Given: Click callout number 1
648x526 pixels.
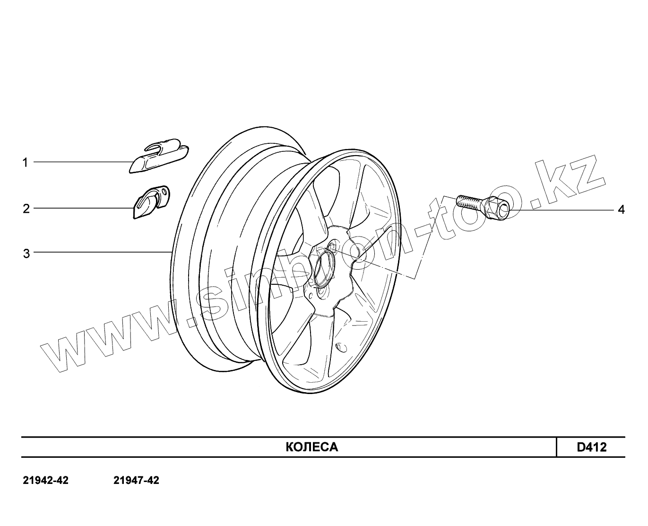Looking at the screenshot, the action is [x=25, y=163].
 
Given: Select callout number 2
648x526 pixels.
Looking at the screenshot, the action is [x=26, y=209].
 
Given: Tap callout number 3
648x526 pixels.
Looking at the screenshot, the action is [x=26, y=253].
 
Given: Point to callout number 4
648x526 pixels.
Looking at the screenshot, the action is [x=621, y=210].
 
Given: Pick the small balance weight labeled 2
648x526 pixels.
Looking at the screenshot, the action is [x=151, y=202].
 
